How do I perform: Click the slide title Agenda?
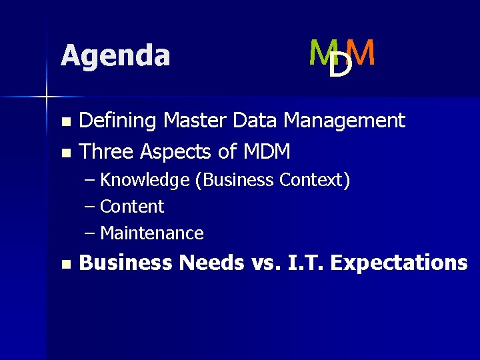pyautogui.click(x=115, y=55)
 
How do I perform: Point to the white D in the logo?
pyautogui.click(x=341, y=65)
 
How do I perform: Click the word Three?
pyautogui.click(x=107, y=152)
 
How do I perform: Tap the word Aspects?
pyautogui.click(x=176, y=152)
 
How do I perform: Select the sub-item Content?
pyautogui.click(x=132, y=207)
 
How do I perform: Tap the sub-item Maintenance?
pyautogui.click(x=151, y=233)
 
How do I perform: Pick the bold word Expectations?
pyautogui.click(x=399, y=263)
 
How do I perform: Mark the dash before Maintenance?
pyautogui.click(x=90, y=233)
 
